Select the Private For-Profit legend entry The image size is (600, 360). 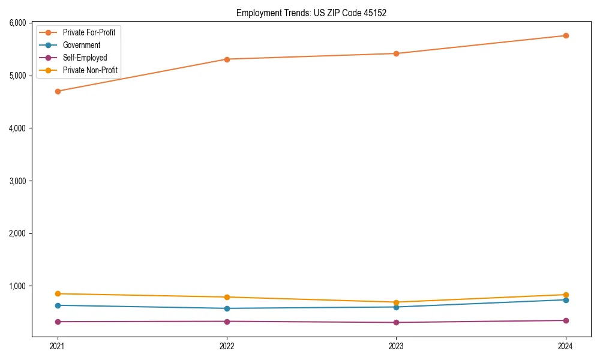(x=89, y=32)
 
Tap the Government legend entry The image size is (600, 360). (x=82, y=45)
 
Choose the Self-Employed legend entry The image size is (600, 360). (x=85, y=58)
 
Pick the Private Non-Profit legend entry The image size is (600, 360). (x=91, y=71)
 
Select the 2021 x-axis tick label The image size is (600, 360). (x=58, y=346)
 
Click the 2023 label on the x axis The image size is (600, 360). (x=396, y=346)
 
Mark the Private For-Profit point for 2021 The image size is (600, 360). (x=58, y=91)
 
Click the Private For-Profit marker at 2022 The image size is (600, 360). (x=227, y=59)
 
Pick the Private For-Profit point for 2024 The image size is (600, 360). (x=566, y=35)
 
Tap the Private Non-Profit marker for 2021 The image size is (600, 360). (x=58, y=293)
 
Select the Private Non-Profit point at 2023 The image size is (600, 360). (x=396, y=302)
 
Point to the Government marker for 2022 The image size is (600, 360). (x=227, y=308)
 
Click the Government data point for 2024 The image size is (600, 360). (x=566, y=300)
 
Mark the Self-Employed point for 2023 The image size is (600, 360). (x=396, y=322)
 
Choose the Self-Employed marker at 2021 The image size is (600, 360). (x=58, y=322)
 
